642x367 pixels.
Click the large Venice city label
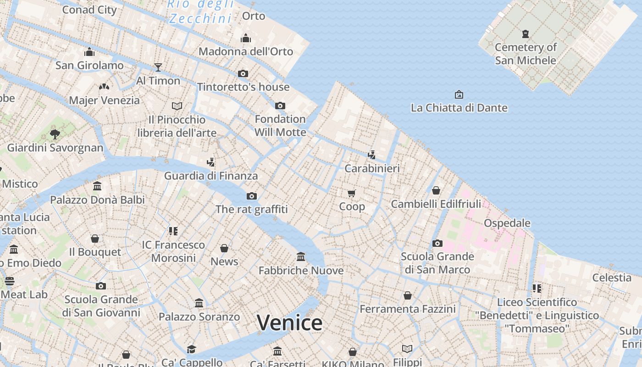pyautogui.click(x=289, y=323)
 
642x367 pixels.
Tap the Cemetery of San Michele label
pyautogui.click(x=526, y=54)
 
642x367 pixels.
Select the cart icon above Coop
pyautogui.click(x=351, y=193)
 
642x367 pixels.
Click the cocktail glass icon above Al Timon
pyautogui.click(x=158, y=67)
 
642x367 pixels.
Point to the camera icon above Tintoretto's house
pyautogui.click(x=243, y=73)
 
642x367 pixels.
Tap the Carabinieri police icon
pyautogui.click(x=372, y=155)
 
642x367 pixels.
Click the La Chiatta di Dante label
pyautogui.click(x=459, y=108)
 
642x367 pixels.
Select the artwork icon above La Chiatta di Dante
pyautogui.click(x=459, y=95)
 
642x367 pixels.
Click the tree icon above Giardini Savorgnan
pyautogui.click(x=55, y=134)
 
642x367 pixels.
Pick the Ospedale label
pyautogui.click(x=507, y=223)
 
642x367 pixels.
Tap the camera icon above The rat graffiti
pyautogui.click(x=252, y=196)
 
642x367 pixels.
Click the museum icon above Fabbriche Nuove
pyautogui.click(x=301, y=256)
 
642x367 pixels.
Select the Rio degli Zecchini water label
pyautogui.click(x=201, y=11)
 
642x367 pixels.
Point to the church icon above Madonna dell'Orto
pyautogui.click(x=246, y=38)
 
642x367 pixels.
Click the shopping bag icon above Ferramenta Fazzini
pyautogui.click(x=407, y=296)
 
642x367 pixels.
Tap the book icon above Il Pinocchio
pyautogui.click(x=177, y=106)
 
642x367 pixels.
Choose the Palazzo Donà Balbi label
pyautogui.click(x=97, y=200)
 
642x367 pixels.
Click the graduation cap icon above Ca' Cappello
pyautogui.click(x=192, y=349)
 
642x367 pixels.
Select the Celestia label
pyautogui.click(x=612, y=278)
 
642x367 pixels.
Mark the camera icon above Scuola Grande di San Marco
pyautogui.click(x=437, y=243)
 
